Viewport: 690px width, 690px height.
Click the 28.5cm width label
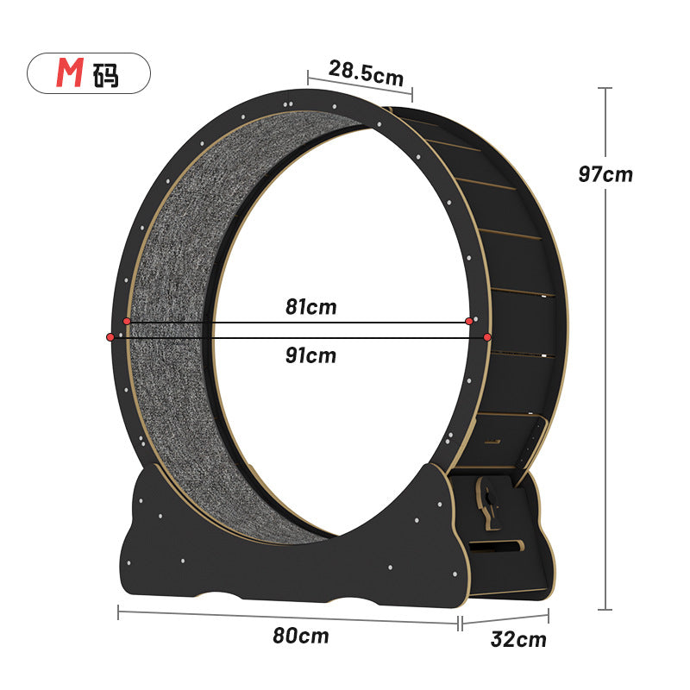tap(366, 73)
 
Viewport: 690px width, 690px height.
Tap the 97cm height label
tap(605, 174)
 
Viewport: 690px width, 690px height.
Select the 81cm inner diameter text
tap(310, 307)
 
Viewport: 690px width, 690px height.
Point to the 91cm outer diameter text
tap(310, 355)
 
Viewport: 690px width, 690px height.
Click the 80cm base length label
tap(300, 636)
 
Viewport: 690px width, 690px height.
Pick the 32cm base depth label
tap(518, 639)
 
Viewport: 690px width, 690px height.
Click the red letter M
tap(70, 72)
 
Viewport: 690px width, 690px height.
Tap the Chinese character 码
tap(105, 75)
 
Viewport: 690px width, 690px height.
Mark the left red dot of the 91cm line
tap(110, 337)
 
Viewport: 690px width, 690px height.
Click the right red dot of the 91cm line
tap(487, 337)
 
